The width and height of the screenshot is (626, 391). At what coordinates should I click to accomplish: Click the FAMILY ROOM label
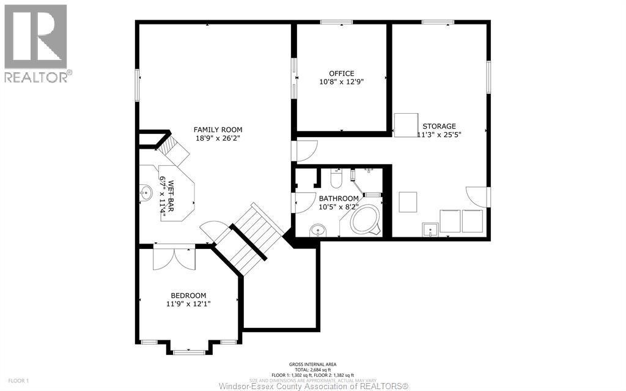pos(218,130)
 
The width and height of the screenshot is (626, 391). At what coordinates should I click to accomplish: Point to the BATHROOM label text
pos(338,199)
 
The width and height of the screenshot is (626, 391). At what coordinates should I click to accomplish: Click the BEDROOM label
pos(188,295)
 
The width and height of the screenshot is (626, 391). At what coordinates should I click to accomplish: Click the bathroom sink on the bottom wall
pos(318,231)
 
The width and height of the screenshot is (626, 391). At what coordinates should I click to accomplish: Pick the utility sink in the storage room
pos(430,230)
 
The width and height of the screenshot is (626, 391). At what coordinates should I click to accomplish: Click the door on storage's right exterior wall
pos(477,196)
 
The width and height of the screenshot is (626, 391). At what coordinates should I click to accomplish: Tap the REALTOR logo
pos(37,43)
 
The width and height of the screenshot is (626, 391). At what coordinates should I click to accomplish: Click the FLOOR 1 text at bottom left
pos(18,381)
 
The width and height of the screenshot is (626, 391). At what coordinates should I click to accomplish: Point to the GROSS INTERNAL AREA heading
pos(312,364)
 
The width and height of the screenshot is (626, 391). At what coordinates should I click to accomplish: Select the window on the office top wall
pos(341,23)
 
